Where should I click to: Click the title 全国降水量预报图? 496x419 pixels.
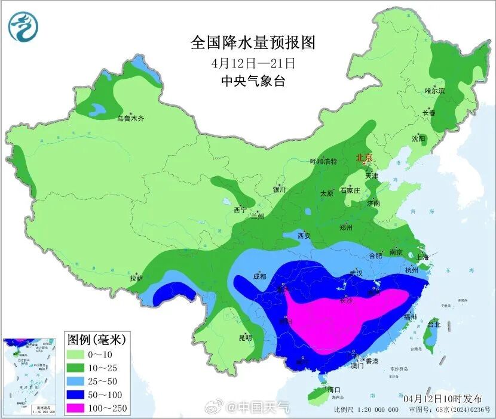pyautogui.click(x=252, y=42)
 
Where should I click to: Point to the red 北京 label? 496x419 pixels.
pyautogui.click(x=364, y=158)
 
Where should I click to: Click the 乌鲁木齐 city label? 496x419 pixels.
pyautogui.click(x=130, y=119)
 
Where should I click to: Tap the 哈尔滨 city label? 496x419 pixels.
pyautogui.click(x=434, y=91)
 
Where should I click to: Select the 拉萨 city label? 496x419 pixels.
pyautogui.click(x=136, y=278)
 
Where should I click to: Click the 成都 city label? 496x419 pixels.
pyautogui.click(x=259, y=276)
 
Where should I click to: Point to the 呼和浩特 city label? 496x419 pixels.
pyautogui.click(x=323, y=161)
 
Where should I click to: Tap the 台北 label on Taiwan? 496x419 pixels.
pyautogui.click(x=433, y=325)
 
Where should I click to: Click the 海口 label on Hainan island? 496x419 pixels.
pyautogui.click(x=334, y=389)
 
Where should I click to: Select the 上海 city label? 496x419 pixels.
pyautogui.click(x=422, y=257)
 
